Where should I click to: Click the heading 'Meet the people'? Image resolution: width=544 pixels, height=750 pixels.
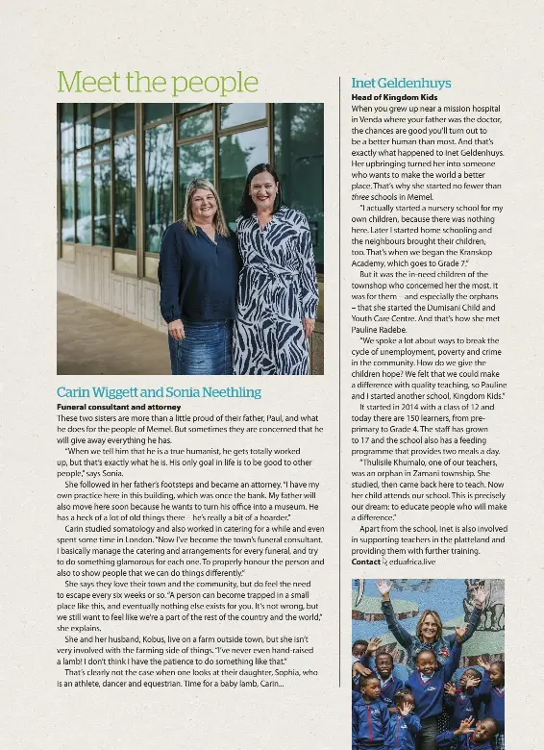click(x=144, y=82)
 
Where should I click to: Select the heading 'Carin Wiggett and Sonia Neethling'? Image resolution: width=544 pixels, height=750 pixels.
click(x=159, y=392)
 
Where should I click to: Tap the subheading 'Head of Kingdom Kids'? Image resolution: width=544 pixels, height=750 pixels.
click(x=394, y=98)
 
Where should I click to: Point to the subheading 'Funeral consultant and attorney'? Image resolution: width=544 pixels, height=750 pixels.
click(x=118, y=407)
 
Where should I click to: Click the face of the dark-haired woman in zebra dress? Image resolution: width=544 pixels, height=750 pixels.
click(x=264, y=184)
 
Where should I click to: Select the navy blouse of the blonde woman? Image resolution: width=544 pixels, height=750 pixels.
click(x=200, y=274)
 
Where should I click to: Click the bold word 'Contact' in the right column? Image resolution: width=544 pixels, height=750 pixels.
click(x=366, y=562)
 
